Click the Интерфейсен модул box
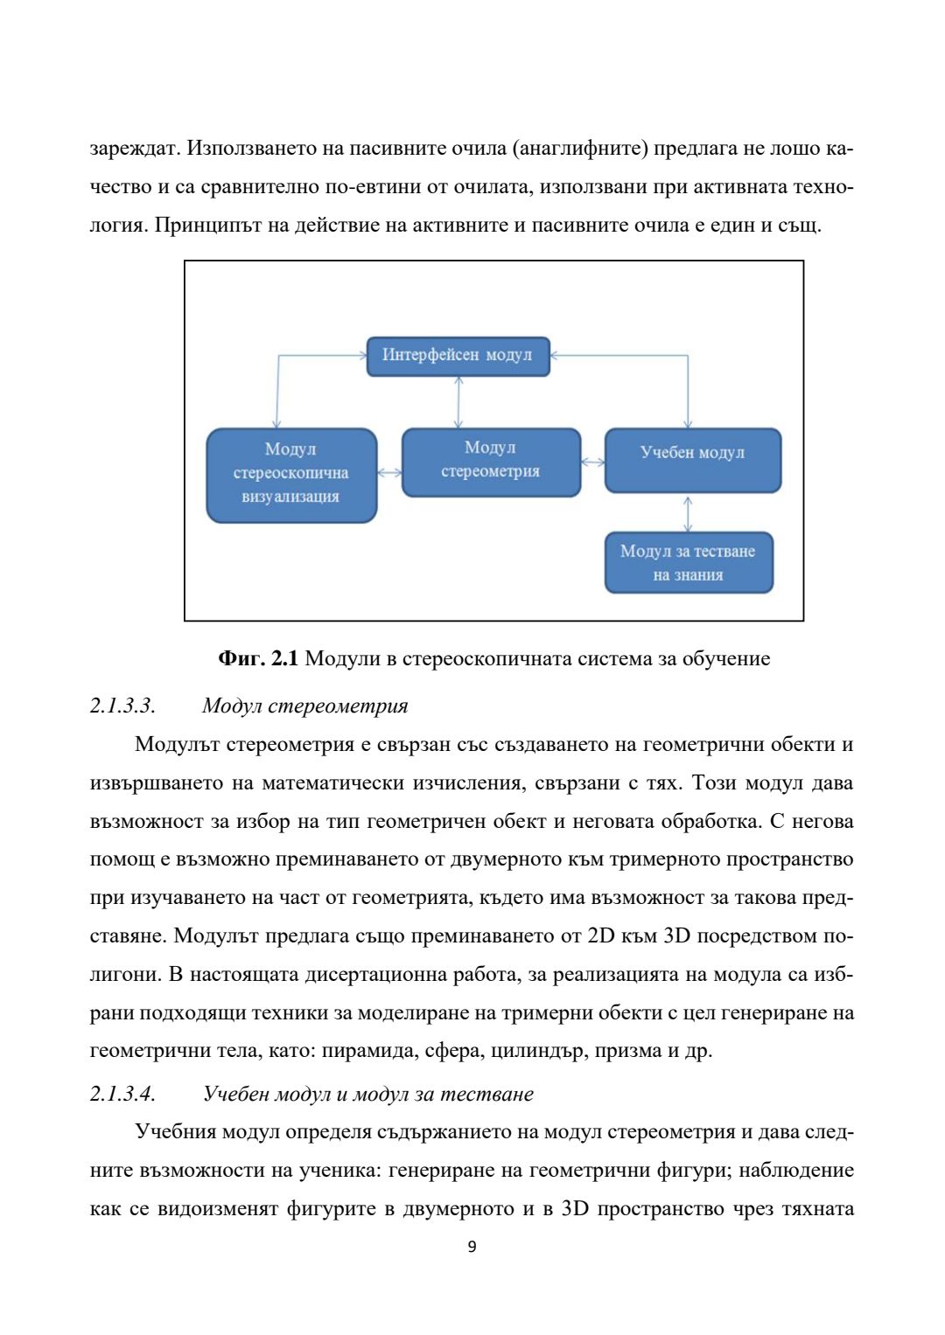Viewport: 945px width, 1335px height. (x=458, y=357)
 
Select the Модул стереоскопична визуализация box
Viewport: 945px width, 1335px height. (x=291, y=475)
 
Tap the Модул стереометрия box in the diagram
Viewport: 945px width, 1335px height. (x=491, y=462)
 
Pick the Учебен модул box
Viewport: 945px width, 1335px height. (x=692, y=460)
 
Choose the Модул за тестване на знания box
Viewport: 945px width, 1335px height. (x=689, y=562)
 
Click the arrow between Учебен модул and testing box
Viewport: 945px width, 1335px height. (x=688, y=513)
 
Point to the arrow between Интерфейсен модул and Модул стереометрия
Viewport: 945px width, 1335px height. (x=458, y=402)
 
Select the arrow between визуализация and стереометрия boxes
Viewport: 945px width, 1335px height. (x=389, y=473)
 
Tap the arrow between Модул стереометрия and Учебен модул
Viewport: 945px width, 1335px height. (x=592, y=462)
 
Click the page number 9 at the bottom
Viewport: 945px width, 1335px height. (x=472, y=1247)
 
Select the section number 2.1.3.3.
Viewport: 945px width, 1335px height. (x=122, y=706)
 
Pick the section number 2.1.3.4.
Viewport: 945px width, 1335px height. (x=122, y=1094)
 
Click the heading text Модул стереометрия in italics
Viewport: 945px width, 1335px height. (x=304, y=706)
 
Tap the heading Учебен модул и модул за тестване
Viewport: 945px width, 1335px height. (x=367, y=1094)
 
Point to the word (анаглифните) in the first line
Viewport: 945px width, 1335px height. (x=578, y=149)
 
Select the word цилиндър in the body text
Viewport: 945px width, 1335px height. (x=536, y=1050)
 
